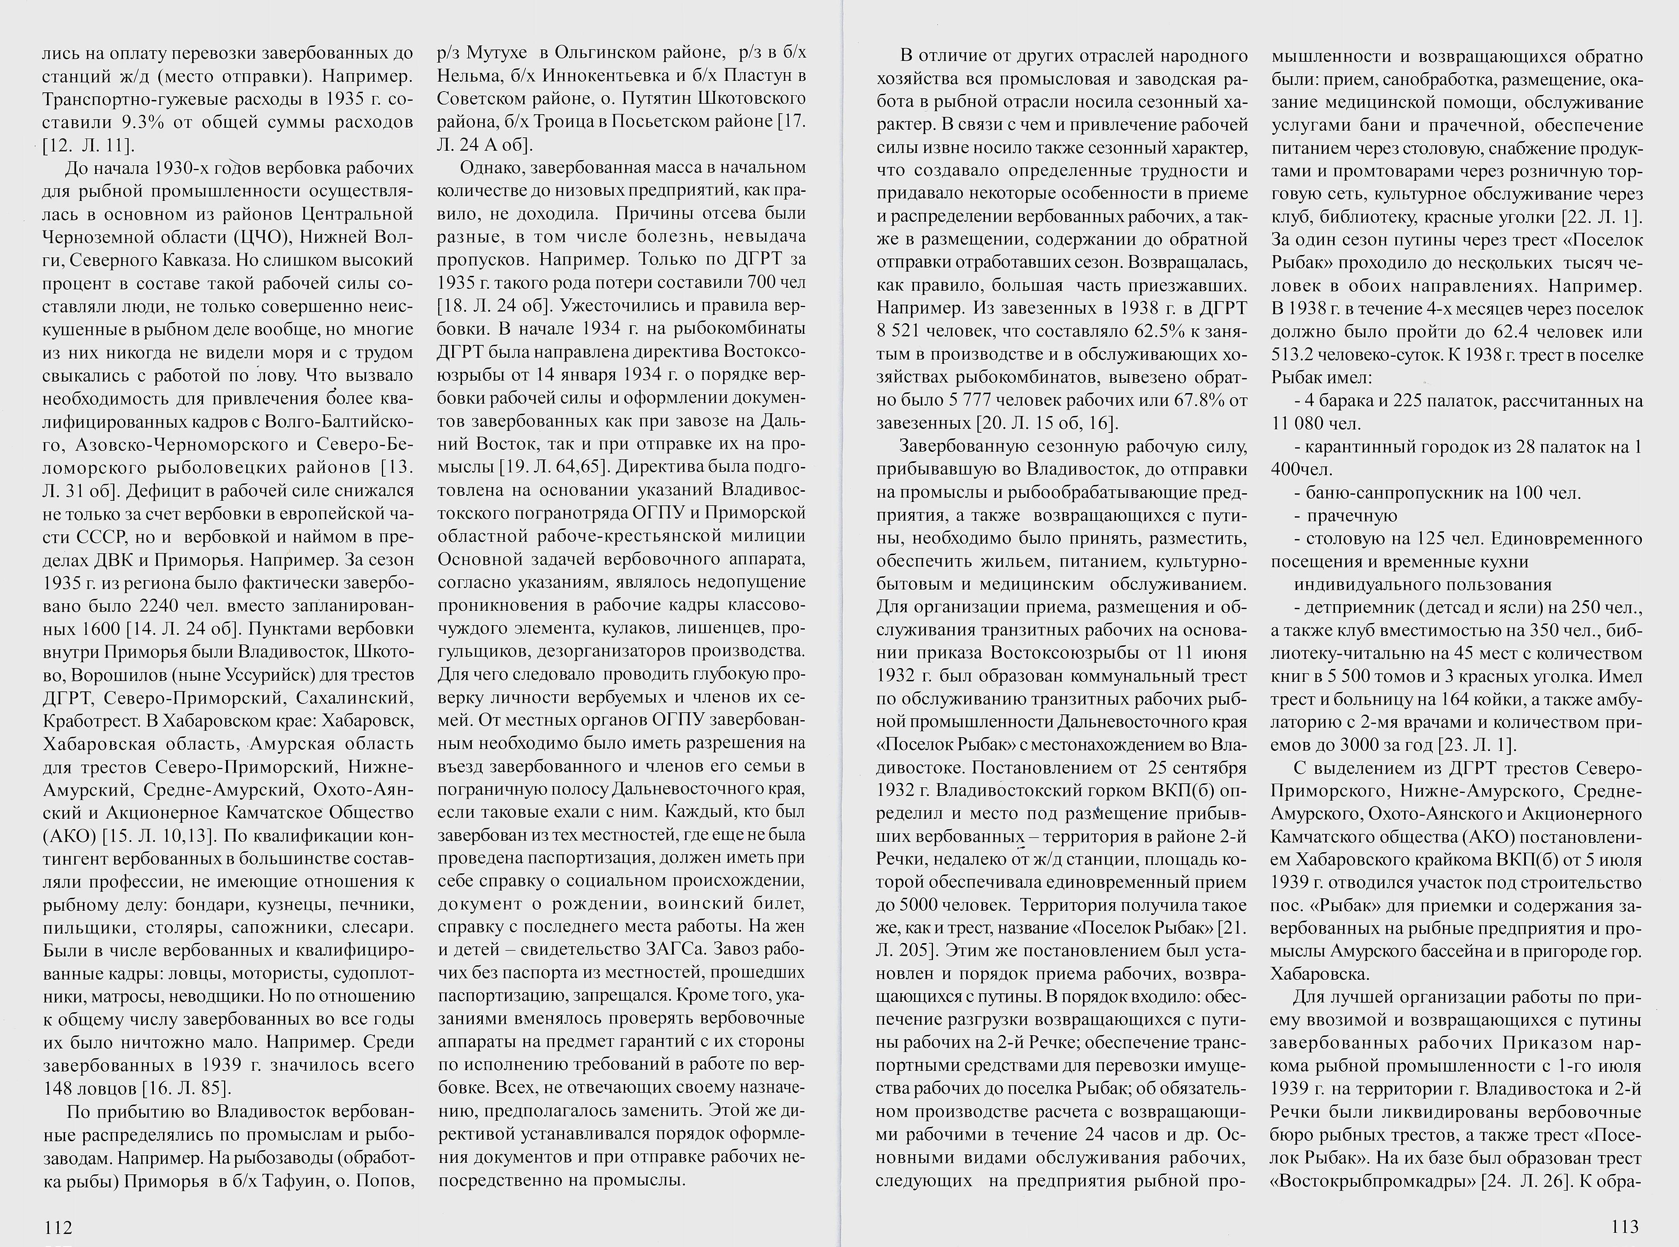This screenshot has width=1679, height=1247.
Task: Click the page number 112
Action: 57,1228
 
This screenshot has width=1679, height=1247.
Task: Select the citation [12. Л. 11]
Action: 88,145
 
